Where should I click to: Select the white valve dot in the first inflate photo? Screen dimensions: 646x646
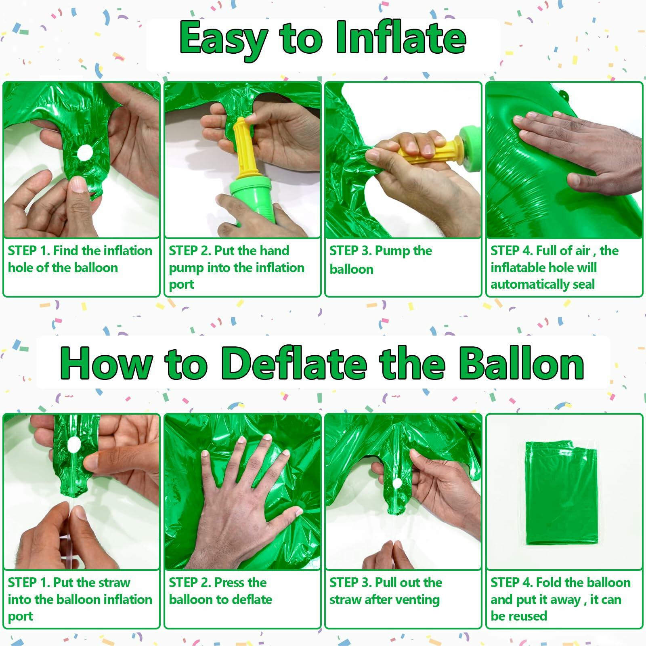coord(85,153)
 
